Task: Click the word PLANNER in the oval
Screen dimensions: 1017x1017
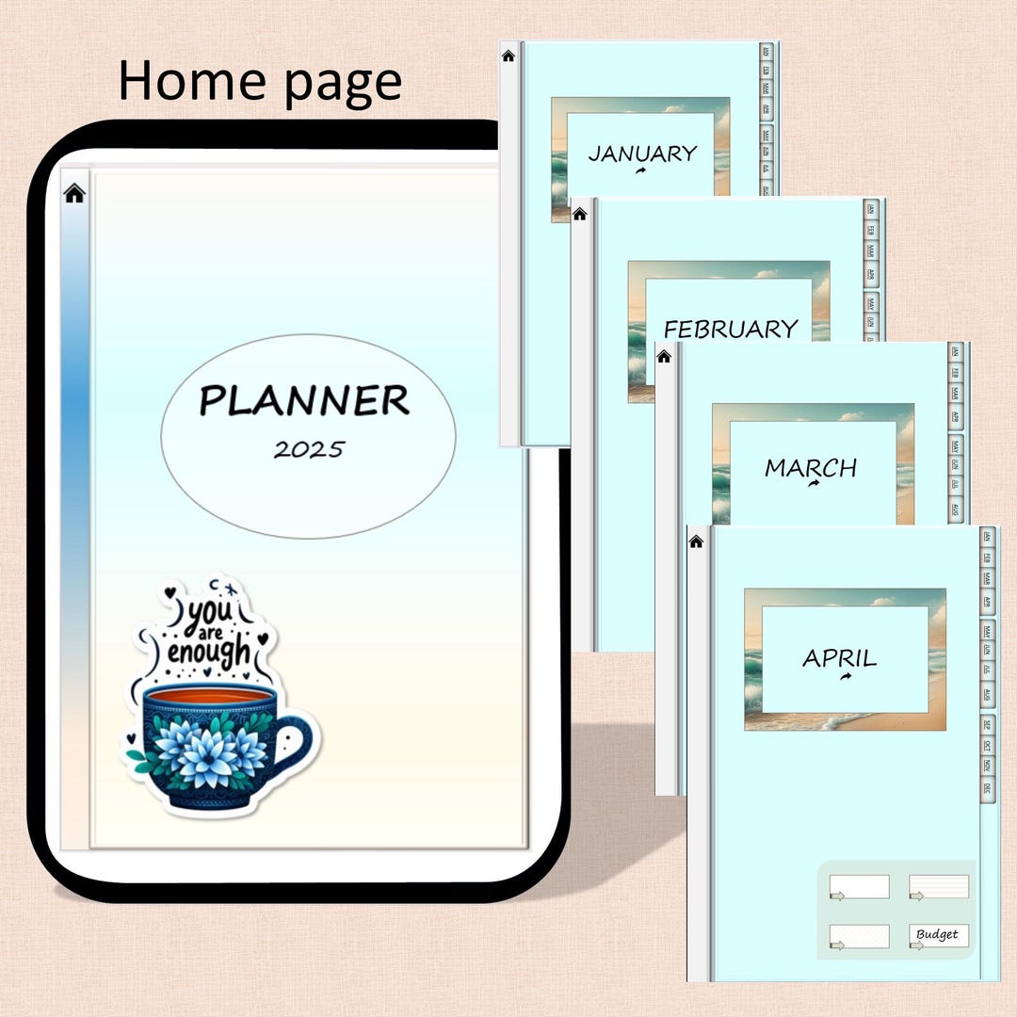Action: pos(304,402)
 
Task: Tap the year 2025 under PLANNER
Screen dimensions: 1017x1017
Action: pos(309,449)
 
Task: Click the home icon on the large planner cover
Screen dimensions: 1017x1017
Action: pos(74,194)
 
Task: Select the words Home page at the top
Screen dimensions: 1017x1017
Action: pos(260,82)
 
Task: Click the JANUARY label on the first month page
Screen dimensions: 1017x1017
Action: pos(642,153)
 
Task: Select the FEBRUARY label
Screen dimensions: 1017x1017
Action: pos(731,329)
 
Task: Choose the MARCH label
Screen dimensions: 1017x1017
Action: pos(811,467)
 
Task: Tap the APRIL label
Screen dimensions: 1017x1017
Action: pos(840,657)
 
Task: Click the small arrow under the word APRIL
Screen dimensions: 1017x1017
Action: pos(846,677)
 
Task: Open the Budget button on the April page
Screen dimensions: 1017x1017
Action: pos(938,935)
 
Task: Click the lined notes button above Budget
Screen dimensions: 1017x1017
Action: pos(938,886)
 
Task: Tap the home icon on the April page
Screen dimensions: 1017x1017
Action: pos(697,541)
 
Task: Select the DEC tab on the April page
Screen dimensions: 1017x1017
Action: pos(987,789)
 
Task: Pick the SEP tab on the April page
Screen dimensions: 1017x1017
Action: pos(987,725)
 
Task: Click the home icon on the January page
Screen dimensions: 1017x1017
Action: pos(508,56)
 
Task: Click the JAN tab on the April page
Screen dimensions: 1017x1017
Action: pos(987,537)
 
